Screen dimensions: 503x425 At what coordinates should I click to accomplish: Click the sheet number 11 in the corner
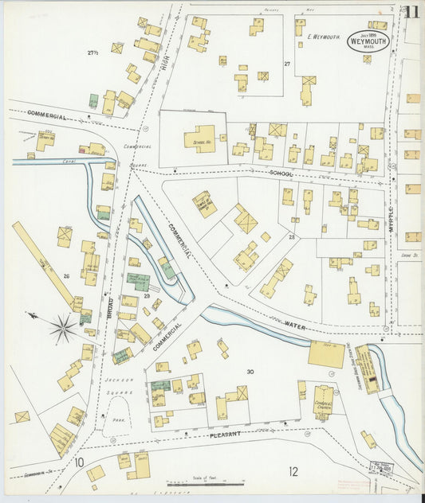click(x=411, y=11)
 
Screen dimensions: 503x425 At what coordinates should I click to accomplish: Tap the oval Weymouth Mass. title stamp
click(x=368, y=41)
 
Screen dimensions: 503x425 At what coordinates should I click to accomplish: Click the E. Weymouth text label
click(x=319, y=36)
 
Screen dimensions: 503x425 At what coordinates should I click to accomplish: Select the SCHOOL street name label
click(x=281, y=173)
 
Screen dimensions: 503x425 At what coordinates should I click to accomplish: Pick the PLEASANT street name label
click(x=225, y=435)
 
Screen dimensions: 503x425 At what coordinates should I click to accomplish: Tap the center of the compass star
click(x=61, y=326)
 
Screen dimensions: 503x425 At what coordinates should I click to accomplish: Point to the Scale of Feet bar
click(x=204, y=483)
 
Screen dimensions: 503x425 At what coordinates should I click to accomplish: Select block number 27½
click(x=94, y=53)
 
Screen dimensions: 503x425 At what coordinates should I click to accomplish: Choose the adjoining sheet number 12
click(x=293, y=472)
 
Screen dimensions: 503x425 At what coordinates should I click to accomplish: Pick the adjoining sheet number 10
click(x=79, y=462)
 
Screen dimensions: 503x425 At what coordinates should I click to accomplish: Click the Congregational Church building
click(x=324, y=402)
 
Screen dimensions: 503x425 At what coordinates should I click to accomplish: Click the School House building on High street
click(x=200, y=139)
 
